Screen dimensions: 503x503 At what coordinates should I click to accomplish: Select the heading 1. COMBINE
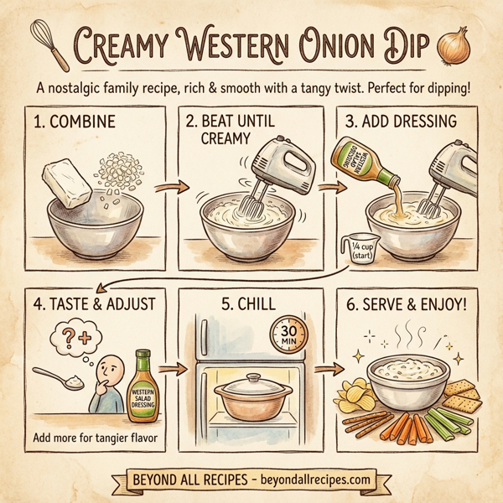(x=74, y=122)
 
